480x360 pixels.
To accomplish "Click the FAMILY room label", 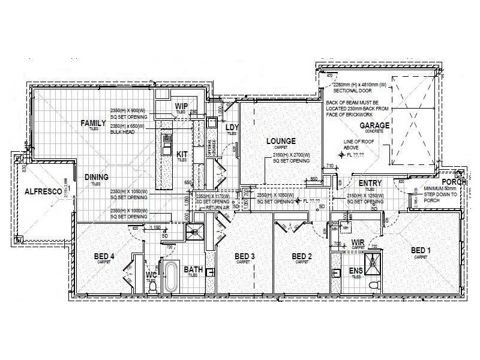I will click(x=94, y=123).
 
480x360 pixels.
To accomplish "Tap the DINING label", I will click(x=96, y=177).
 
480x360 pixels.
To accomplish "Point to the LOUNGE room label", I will click(x=281, y=141).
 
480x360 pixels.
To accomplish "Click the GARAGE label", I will click(x=374, y=125).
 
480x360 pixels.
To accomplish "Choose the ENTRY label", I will click(x=371, y=183).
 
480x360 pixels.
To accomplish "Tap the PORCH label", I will click(x=453, y=182).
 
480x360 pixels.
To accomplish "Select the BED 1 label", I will click(x=421, y=250).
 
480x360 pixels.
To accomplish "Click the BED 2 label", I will click(x=302, y=257).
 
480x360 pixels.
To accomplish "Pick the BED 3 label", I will click(x=244, y=257).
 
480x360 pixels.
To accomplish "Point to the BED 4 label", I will click(x=104, y=257).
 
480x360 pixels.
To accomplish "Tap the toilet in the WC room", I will click(x=152, y=287).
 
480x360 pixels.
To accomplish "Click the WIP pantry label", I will click(x=182, y=106).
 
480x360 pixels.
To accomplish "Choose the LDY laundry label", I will click(x=232, y=127).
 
